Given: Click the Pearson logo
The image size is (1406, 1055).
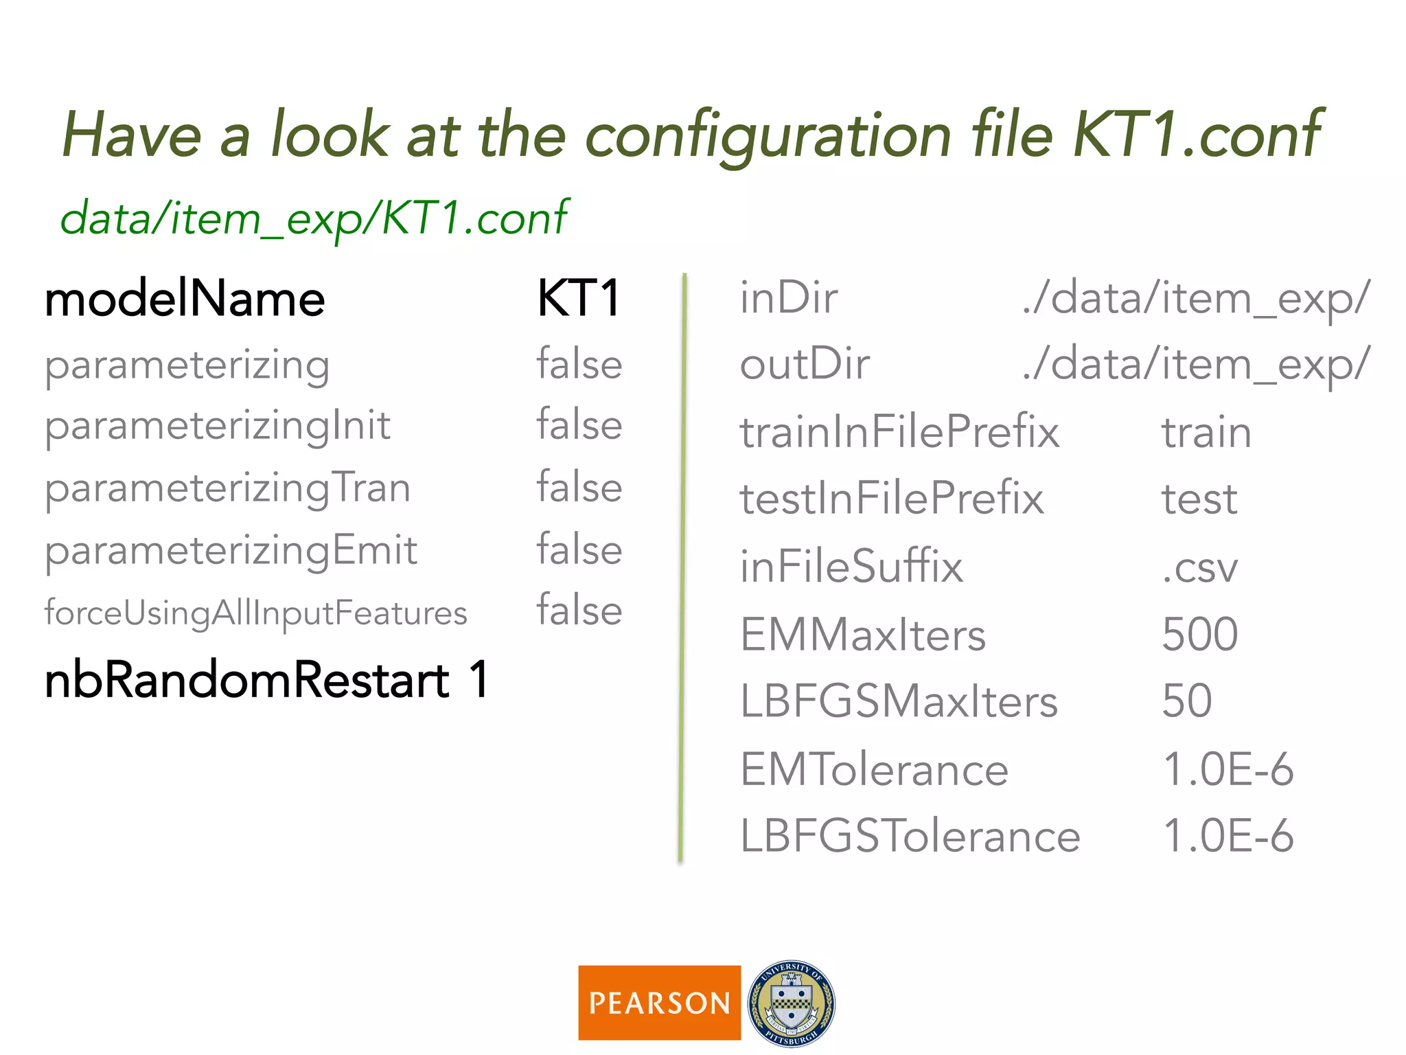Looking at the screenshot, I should click(x=659, y=1002).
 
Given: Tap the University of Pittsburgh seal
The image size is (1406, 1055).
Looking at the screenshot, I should click(x=792, y=1003).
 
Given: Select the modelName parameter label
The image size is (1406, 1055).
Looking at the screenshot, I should click(x=185, y=299).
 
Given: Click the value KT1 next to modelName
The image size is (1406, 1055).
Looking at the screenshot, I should click(x=579, y=299).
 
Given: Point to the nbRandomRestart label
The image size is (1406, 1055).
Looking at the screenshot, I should click(x=247, y=680).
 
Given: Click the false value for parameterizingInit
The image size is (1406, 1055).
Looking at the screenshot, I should click(x=579, y=424).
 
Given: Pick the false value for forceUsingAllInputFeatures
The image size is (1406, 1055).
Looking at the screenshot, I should click(x=579, y=610).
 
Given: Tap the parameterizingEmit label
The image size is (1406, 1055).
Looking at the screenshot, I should click(x=231, y=551).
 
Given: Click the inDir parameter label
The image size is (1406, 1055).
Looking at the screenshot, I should click(x=788, y=299).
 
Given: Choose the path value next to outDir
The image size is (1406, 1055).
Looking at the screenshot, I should click(x=1195, y=364).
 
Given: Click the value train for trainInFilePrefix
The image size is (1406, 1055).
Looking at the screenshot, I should click(x=1206, y=433).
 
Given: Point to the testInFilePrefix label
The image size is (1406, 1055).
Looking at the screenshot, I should click(x=891, y=499).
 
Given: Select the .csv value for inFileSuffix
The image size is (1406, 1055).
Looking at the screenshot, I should click(x=1199, y=567).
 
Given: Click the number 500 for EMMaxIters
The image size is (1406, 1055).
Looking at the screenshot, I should click(x=1199, y=634).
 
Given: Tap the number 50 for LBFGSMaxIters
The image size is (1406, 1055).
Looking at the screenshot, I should click(x=1186, y=701).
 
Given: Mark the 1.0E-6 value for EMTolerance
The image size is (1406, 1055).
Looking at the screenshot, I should click(x=1228, y=769).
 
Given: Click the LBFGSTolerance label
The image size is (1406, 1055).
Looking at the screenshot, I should click(x=910, y=836).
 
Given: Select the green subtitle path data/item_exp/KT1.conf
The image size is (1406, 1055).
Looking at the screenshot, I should click(x=314, y=218).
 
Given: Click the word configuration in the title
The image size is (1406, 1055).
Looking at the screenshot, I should click(x=768, y=135).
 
